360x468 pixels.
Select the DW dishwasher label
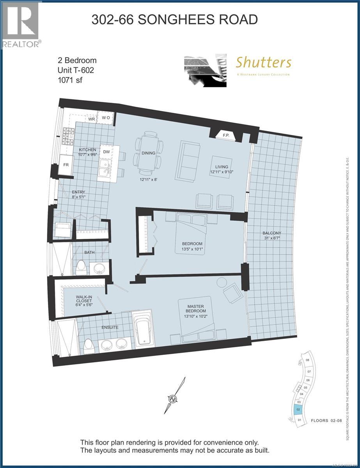(x=106, y=152)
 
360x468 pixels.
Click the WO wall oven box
(x=105, y=117)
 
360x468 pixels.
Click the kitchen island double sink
(x=105, y=168)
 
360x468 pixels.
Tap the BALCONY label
(x=272, y=233)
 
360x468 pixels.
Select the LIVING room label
(x=222, y=167)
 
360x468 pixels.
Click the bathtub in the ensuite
(x=142, y=330)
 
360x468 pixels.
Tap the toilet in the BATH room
(x=82, y=267)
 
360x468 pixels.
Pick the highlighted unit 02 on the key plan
(x=298, y=410)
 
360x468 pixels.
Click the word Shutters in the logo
(x=263, y=62)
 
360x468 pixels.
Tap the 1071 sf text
(x=69, y=80)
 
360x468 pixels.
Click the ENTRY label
(x=78, y=192)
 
